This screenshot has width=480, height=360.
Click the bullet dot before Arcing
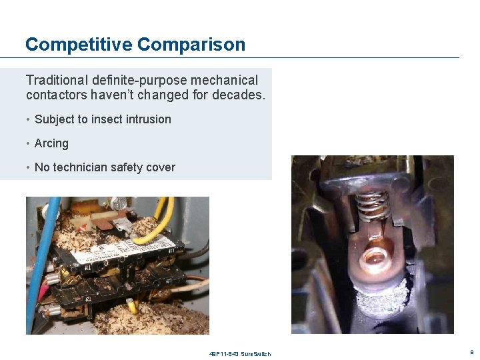29,143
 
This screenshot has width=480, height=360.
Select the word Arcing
51,143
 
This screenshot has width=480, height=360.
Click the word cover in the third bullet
161,167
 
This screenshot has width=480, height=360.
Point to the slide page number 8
472,351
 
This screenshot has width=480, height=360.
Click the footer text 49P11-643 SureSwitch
240,353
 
